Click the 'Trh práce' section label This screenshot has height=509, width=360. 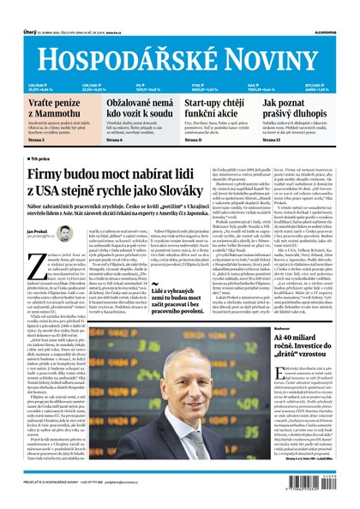40,159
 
